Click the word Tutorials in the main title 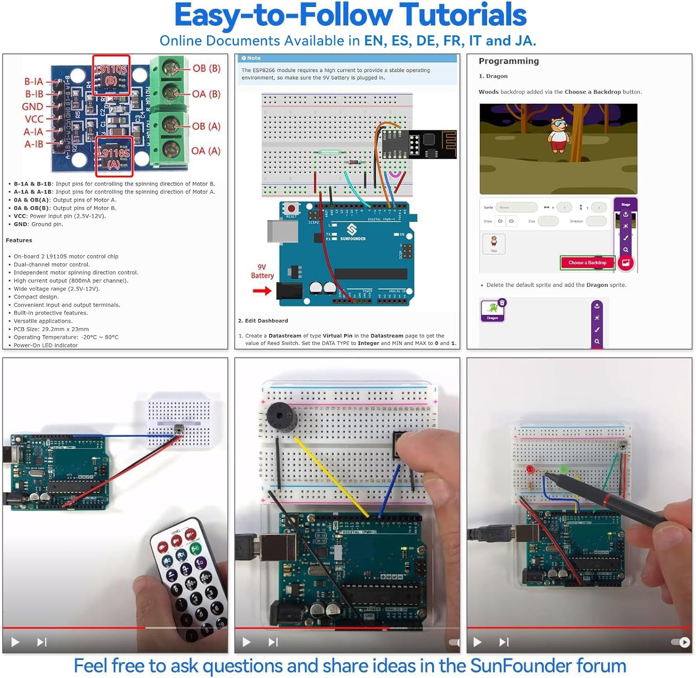[462, 15]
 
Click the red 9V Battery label [262, 271]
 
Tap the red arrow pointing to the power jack [262, 291]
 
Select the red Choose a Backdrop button [587, 263]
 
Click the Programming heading [508, 61]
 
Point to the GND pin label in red [33, 107]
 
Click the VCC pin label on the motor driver [34, 119]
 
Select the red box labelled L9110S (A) [114, 157]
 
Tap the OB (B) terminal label [206, 68]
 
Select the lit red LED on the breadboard [530, 470]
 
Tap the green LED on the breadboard [564, 470]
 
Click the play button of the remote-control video [15, 642]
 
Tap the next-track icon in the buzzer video [273, 642]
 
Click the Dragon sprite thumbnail [492, 310]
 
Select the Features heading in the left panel [19, 240]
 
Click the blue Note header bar [347, 58]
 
